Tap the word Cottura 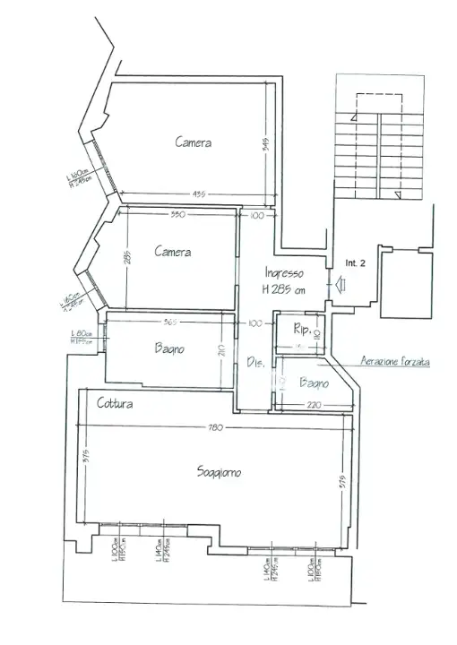pos(116,405)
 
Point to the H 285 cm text pos(284,289)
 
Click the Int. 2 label pos(356,263)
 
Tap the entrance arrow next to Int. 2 pos(341,285)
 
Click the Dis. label pos(254,363)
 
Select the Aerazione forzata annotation pos(394,362)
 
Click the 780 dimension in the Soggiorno pos(214,427)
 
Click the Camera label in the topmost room pos(194,142)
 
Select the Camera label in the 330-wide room pos(172,252)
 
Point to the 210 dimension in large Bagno pos(220,352)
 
